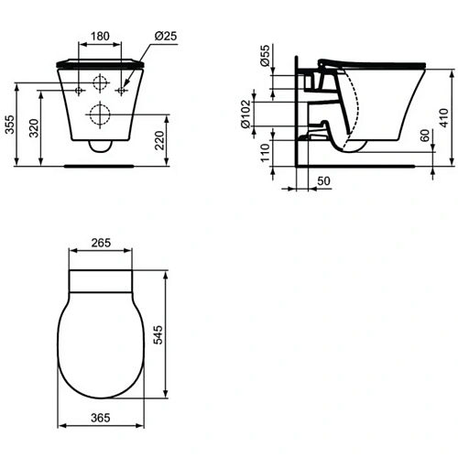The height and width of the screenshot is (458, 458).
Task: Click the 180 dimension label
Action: [101, 35]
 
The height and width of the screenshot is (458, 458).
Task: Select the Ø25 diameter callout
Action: [166, 35]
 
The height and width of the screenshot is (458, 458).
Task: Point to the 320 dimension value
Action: [35, 126]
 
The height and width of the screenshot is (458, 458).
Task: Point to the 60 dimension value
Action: [423, 137]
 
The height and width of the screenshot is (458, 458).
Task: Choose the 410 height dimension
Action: [446, 119]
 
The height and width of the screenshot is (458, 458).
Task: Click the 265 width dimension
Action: [103, 243]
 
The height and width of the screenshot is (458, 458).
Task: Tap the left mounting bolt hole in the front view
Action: [81, 90]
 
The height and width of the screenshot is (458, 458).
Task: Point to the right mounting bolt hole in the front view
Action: [121, 90]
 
